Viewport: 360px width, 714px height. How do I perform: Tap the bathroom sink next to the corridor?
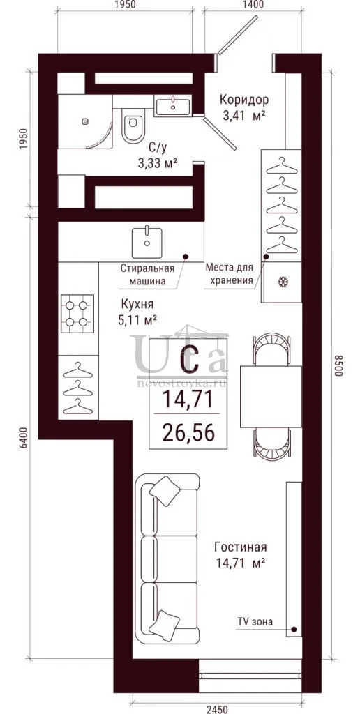click(x=173, y=106)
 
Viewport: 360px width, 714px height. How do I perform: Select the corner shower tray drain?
click(x=85, y=121)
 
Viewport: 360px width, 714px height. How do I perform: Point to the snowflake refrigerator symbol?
click(x=281, y=282)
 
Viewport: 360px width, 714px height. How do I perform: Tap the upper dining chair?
click(x=273, y=349)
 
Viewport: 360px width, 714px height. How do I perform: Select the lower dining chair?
click(x=273, y=444)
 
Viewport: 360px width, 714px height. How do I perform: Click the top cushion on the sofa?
click(x=163, y=491)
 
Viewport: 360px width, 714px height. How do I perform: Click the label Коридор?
click(x=243, y=99)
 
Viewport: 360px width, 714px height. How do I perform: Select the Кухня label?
click(x=137, y=304)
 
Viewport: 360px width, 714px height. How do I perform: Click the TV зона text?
click(x=255, y=621)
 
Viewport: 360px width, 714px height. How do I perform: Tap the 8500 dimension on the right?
click(x=338, y=365)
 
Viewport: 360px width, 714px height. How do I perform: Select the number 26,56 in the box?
click(x=188, y=432)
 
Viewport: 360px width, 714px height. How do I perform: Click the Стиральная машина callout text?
click(x=142, y=274)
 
